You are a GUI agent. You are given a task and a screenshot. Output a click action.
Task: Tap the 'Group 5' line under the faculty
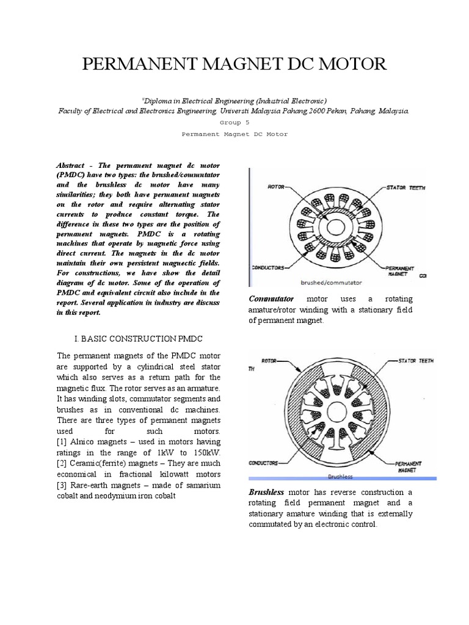[234, 121]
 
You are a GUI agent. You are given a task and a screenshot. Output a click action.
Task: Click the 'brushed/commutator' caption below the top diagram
[331, 283]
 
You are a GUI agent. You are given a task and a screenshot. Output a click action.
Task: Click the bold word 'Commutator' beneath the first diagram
[271, 299]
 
